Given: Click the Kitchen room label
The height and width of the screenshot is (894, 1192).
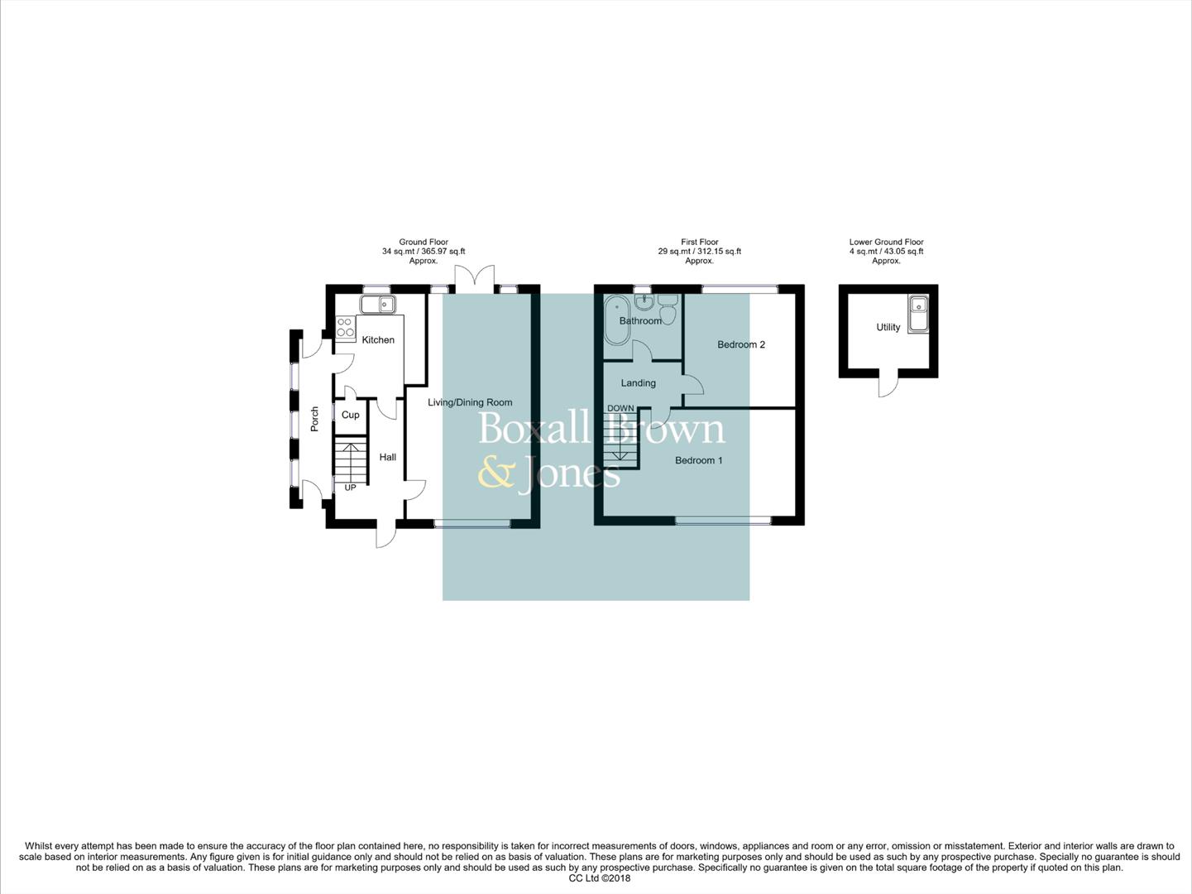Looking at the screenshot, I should [378, 340].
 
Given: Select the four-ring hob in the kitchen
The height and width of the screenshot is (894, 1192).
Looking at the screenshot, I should [345, 327].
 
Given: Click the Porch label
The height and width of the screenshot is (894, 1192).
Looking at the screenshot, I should [314, 419].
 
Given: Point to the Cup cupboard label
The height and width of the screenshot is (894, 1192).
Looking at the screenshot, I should [350, 415].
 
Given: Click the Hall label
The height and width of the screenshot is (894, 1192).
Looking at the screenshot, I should [387, 457].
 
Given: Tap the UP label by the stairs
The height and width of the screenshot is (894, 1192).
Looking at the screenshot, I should [350, 488].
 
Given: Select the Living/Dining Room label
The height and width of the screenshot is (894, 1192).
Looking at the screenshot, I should [469, 402].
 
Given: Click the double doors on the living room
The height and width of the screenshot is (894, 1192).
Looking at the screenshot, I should [474, 277].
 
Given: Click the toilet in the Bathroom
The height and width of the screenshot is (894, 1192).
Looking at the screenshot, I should [668, 310].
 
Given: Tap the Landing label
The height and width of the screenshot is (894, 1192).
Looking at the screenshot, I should [638, 383].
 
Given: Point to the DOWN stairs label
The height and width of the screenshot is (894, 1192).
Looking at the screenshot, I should [620, 408].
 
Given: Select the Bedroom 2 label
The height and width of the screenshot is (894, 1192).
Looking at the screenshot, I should [740, 344].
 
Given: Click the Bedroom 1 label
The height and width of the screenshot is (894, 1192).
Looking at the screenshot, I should [698, 460].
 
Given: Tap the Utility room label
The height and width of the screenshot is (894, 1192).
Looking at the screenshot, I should [888, 327].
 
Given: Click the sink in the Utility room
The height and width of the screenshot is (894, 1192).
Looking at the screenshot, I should [917, 314].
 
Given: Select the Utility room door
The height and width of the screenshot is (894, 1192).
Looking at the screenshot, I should [887, 385].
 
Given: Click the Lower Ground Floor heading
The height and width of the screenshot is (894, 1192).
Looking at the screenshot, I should [886, 242].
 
